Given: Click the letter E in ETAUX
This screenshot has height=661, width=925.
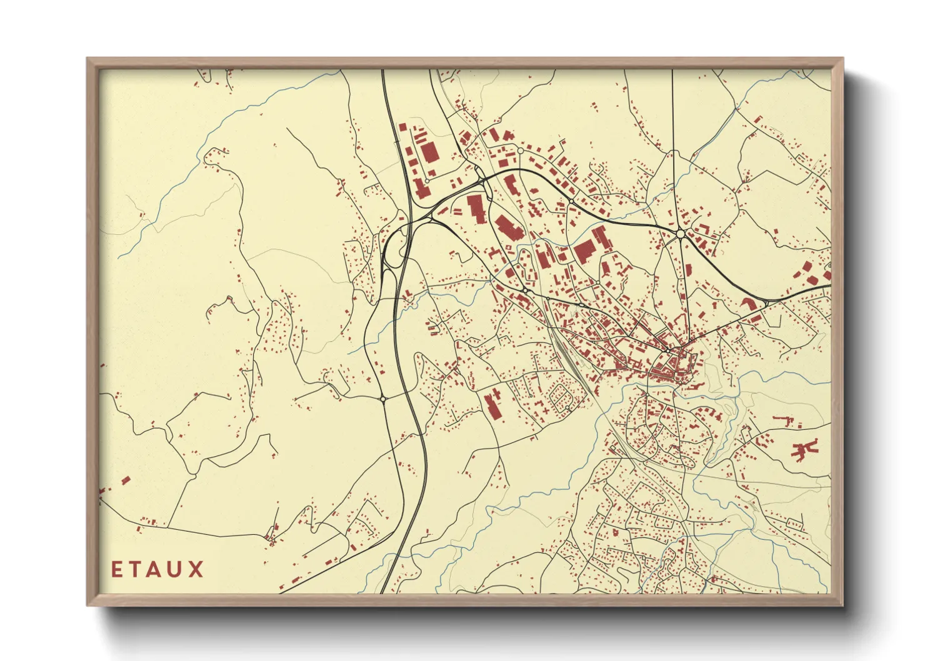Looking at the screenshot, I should tap(117, 569).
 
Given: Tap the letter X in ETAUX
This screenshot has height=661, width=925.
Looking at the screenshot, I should tap(196, 569).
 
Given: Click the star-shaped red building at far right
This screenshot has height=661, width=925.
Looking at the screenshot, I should tap(804, 449).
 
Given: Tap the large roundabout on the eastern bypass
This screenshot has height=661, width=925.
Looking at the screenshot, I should tap(681, 234).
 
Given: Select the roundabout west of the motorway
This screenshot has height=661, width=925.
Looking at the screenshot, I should tap(382, 398).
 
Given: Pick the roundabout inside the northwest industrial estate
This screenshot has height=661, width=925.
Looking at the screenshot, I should tap(427, 181).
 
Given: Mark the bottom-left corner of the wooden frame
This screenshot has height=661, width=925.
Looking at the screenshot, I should tap(88, 605).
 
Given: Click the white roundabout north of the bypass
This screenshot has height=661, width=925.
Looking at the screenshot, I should tap(520, 151).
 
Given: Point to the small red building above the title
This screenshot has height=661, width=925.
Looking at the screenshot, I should tap(125, 480).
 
